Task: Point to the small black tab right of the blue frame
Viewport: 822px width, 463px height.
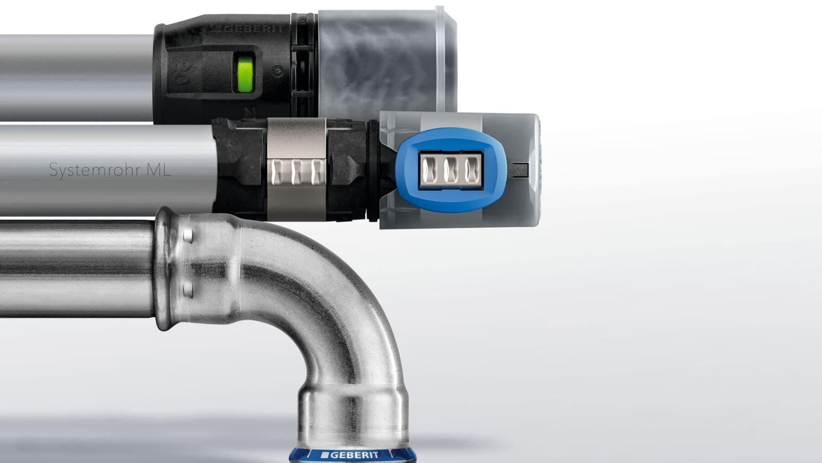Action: click(x=519, y=168)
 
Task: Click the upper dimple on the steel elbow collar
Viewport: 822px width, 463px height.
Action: click(x=189, y=237)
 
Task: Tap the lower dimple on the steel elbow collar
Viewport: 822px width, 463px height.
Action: click(x=188, y=289)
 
